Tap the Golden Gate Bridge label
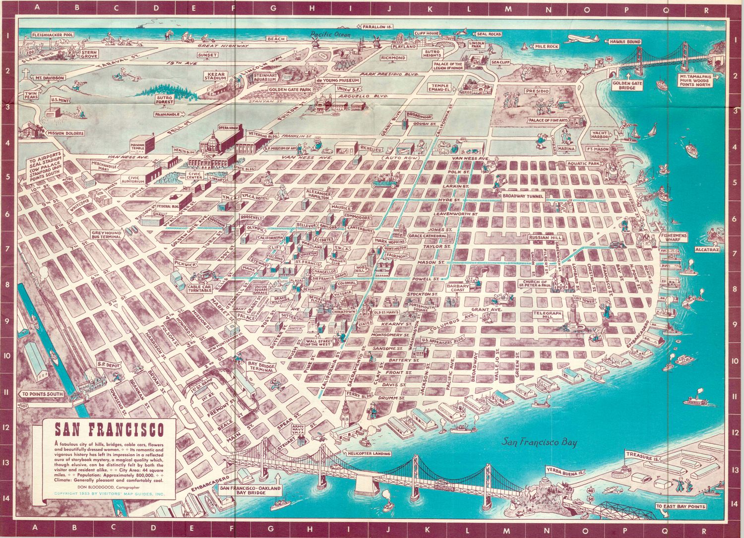(627, 86)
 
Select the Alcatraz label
(707, 249)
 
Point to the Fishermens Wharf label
(674, 237)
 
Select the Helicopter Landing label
(369, 453)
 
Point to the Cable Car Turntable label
(200, 288)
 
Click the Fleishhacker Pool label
(52, 35)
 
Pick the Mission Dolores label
(64, 133)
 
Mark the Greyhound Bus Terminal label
(106, 235)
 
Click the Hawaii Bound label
(625, 42)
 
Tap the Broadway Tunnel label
(523, 196)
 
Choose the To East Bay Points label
(680, 506)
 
